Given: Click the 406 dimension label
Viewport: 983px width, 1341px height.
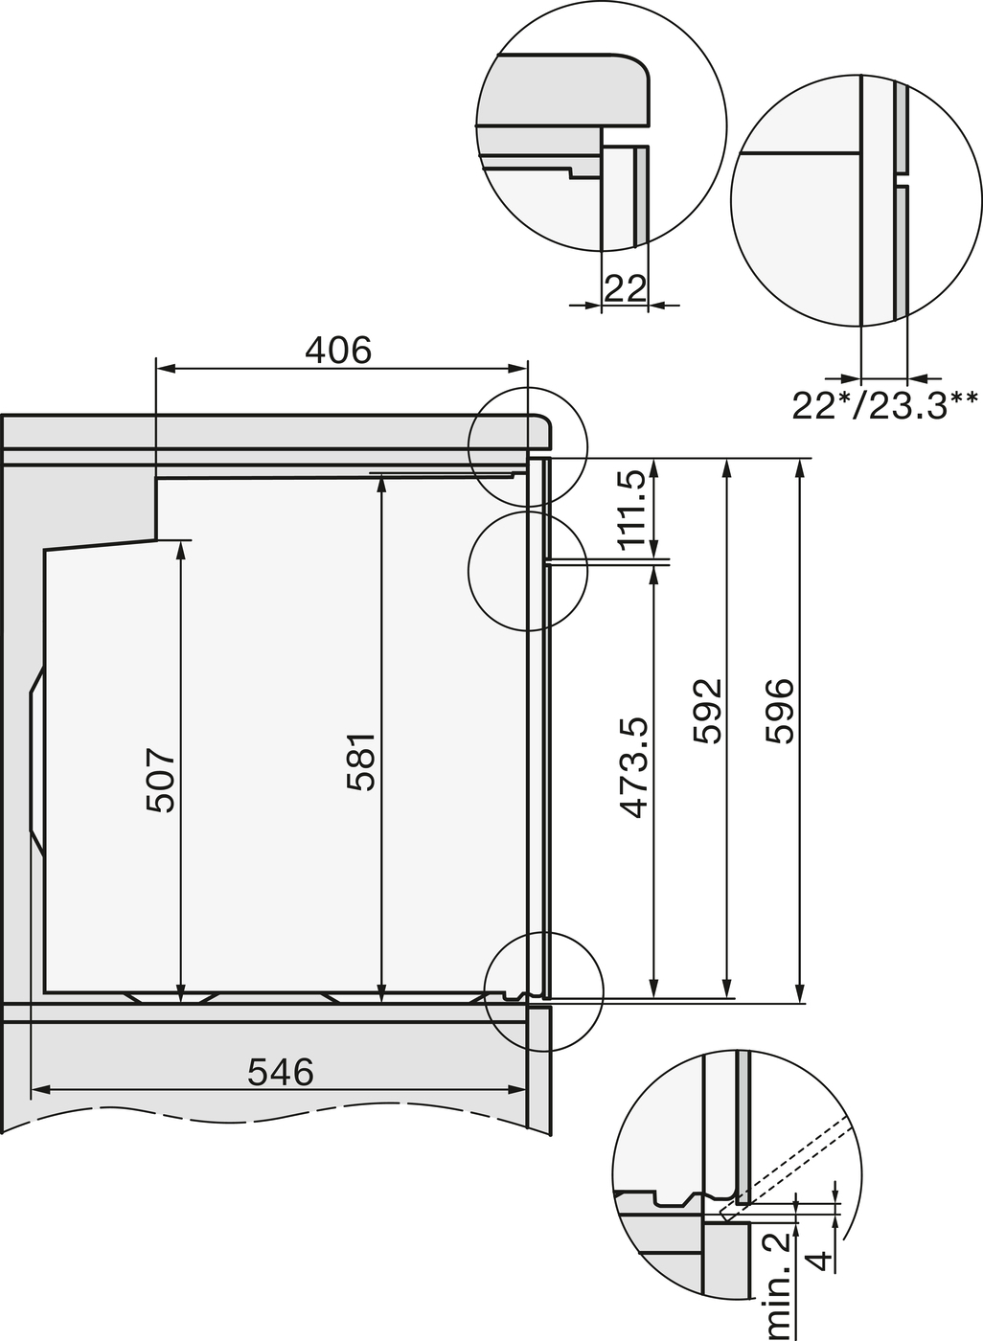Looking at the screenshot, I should (x=338, y=351).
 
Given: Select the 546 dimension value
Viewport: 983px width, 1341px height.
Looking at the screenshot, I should (x=280, y=1072).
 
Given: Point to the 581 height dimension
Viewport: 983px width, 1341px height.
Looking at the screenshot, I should (x=361, y=762).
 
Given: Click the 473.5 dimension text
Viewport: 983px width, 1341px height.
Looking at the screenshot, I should (x=634, y=768).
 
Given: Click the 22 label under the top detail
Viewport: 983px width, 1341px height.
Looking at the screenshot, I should (x=625, y=288).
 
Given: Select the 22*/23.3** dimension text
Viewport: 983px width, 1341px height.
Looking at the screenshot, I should (x=883, y=405).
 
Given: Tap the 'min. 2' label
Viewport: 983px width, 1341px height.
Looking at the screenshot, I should (x=778, y=1288).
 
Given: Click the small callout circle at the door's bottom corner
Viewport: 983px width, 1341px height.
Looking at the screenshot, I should (x=544, y=991).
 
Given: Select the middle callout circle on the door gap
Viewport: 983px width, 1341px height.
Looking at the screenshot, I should (x=526, y=571).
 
